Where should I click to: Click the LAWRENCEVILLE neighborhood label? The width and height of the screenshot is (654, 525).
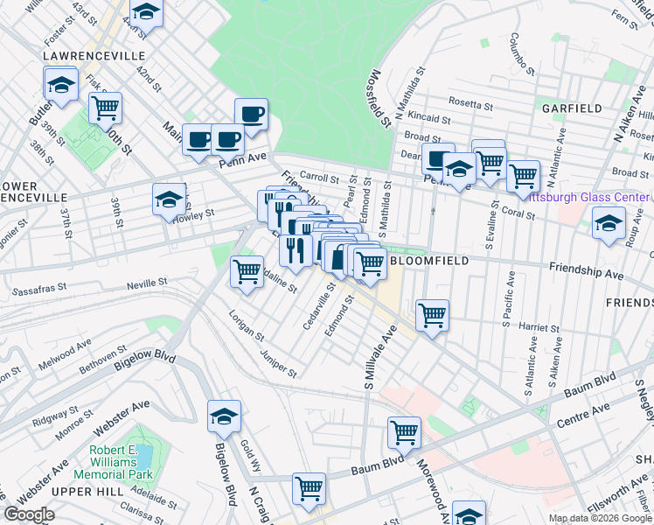(94, 55)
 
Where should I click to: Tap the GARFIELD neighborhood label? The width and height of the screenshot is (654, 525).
(572, 108)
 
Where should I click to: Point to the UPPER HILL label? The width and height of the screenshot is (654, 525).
(87, 493)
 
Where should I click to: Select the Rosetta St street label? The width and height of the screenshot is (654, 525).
(470, 103)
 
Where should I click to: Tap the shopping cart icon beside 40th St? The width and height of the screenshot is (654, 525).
(105, 108)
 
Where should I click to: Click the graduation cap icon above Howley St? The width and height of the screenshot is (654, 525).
(169, 200)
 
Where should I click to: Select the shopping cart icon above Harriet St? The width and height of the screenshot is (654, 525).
(432, 314)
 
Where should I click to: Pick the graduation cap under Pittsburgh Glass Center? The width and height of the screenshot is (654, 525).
(609, 223)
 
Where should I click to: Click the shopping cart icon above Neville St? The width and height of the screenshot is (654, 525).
(247, 270)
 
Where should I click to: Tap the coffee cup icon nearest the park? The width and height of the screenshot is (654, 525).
(251, 113)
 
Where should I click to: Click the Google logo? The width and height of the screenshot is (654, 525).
(30, 514)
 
